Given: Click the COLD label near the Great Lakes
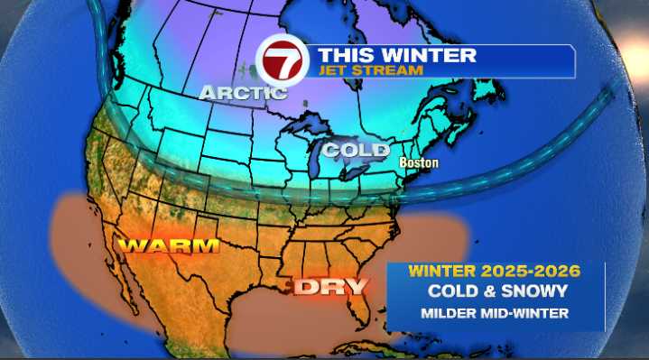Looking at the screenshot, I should [357, 149].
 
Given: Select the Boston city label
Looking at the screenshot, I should [420, 163].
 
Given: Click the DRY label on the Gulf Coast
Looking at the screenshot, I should [334, 288].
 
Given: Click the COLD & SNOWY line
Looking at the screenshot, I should [493, 292].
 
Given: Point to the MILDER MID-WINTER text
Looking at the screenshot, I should [493, 313].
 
